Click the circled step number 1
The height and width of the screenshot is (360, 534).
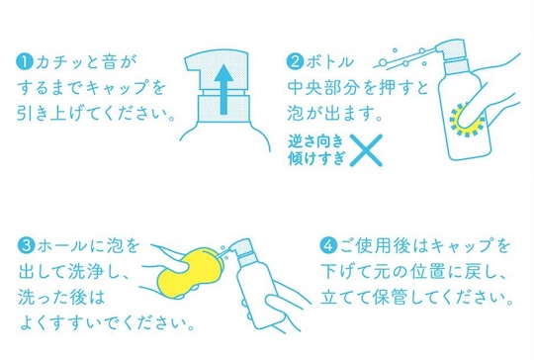pos(25,62)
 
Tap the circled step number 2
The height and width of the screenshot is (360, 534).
pos(295,62)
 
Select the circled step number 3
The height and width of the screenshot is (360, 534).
pos(27,245)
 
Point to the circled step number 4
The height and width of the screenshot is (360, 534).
pos(328,245)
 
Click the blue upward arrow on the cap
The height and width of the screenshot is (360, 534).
pos(223,90)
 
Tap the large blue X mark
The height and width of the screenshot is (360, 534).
pos(366,150)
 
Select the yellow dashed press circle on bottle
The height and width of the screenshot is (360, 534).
pos(467,120)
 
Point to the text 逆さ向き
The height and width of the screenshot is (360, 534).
pos(315,141)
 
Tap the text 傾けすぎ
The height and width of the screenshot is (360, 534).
pos(316,158)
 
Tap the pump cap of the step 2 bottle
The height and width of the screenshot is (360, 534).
pos(450,52)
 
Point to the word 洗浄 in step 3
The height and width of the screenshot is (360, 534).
pos(85,271)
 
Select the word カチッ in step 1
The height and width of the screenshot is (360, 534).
pos(59,62)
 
